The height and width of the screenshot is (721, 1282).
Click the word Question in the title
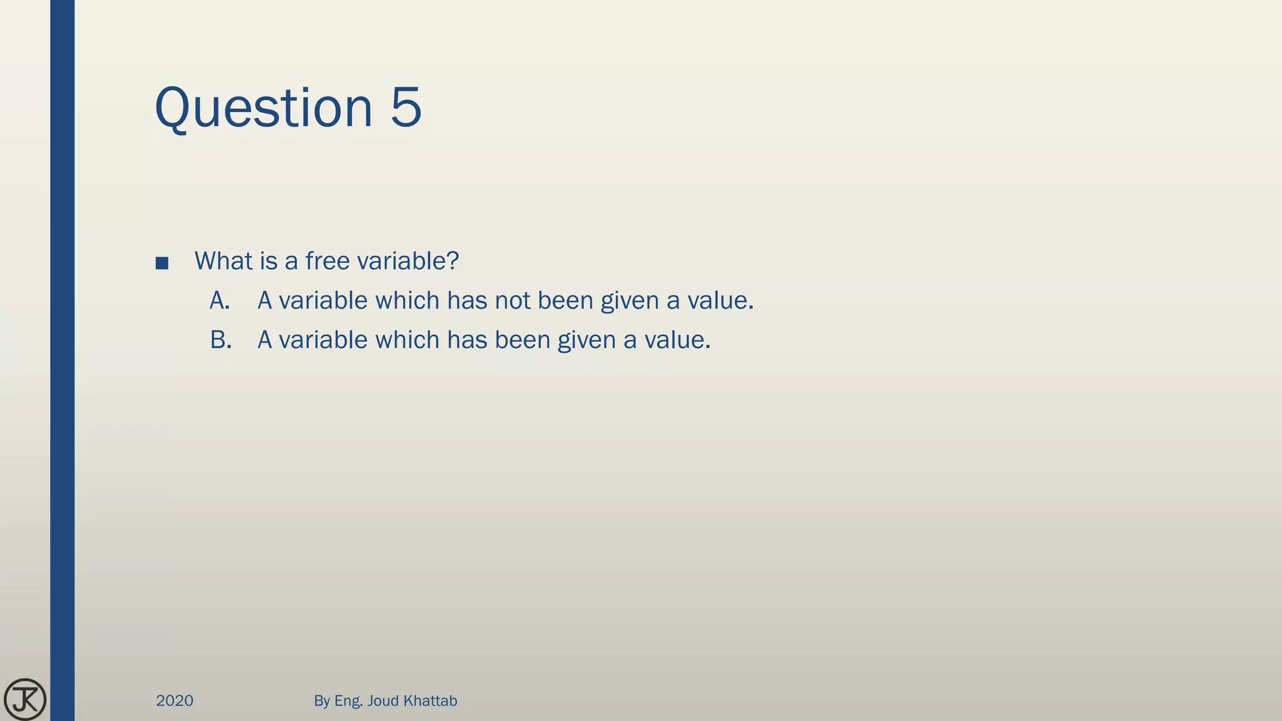pyautogui.click(x=263, y=108)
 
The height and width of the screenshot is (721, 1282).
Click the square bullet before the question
pyautogui.click(x=162, y=263)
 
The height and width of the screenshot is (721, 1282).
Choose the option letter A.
pyautogui.click(x=219, y=301)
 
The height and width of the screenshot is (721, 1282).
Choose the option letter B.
pyautogui.click(x=220, y=340)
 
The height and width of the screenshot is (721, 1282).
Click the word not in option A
pyautogui.click(x=512, y=301)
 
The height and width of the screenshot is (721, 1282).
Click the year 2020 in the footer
pyautogui.click(x=175, y=701)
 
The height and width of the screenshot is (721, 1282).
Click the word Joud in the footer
pyautogui.click(x=383, y=701)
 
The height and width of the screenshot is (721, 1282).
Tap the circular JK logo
pyautogui.click(x=25, y=699)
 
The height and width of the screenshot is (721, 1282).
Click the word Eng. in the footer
pyautogui.click(x=348, y=701)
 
